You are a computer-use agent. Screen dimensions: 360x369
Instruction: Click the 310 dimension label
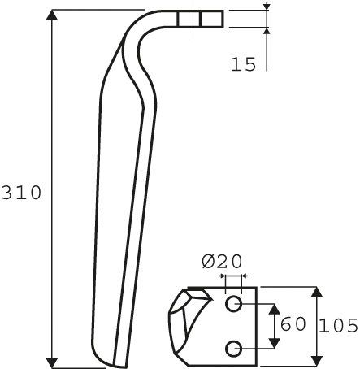point(22,193)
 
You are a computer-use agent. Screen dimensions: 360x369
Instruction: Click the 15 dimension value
point(243,64)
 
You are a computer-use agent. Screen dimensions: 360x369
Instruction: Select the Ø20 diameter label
point(222,262)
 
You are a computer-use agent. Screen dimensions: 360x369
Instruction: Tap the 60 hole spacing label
point(293,324)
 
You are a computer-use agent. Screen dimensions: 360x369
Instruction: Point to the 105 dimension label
point(339,325)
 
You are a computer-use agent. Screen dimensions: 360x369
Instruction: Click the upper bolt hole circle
point(233,304)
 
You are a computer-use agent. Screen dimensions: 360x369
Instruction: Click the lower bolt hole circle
point(233,349)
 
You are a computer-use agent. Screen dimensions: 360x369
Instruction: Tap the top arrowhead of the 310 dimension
point(52,15)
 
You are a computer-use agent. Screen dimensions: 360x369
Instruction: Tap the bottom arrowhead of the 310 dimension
point(52,363)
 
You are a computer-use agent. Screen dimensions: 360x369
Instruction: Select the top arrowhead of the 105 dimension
point(317,292)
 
